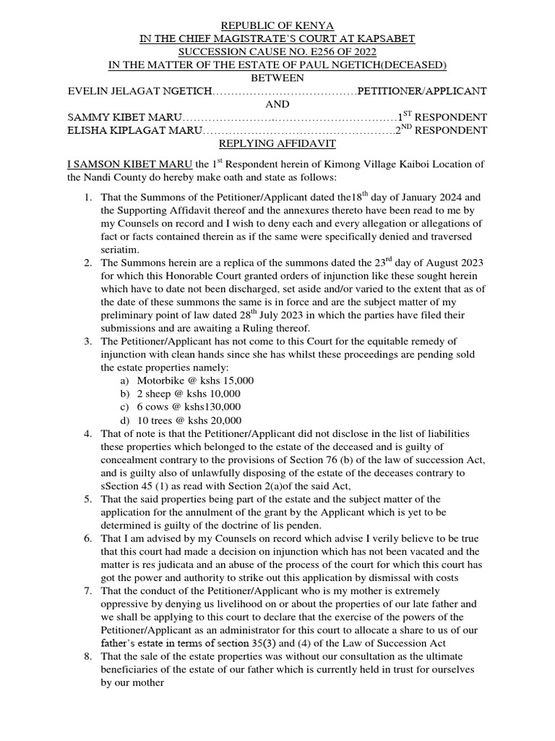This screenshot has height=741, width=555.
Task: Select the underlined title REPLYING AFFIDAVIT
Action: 277,144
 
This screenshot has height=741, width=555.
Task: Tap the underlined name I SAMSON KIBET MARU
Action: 129,165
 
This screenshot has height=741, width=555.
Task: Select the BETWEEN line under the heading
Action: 277,78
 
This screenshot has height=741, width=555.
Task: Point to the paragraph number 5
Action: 87,499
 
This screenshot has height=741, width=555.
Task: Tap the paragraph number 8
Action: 87,657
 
